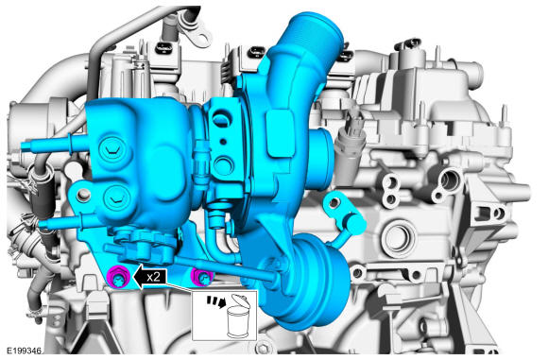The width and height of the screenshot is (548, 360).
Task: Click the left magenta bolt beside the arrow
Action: pyautogui.click(x=118, y=277)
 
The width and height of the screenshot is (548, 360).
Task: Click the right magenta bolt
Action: pyautogui.click(x=202, y=277)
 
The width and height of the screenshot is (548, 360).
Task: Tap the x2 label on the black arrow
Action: pyautogui.click(x=153, y=277)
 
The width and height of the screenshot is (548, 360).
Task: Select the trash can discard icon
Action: pyautogui.click(x=239, y=317)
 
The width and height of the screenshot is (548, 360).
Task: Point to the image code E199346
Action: pyautogui.click(x=25, y=351)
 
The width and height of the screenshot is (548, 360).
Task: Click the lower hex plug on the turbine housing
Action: pyautogui.click(x=116, y=198)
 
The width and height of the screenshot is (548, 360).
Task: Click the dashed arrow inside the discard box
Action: pyautogui.click(x=215, y=301)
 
